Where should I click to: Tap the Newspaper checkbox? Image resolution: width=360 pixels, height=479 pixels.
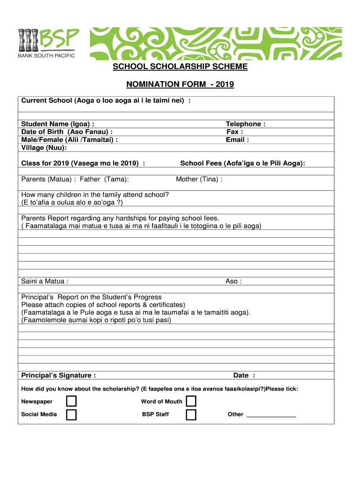(x=71, y=401)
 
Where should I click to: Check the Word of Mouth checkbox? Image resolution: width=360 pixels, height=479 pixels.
(x=191, y=401)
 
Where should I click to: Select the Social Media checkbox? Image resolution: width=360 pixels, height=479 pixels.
(x=71, y=414)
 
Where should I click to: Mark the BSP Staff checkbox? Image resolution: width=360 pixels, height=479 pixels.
(x=191, y=414)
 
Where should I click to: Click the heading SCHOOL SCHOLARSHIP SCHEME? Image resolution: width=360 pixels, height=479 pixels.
(x=180, y=66)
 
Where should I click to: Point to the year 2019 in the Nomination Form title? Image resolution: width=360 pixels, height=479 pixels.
(x=224, y=85)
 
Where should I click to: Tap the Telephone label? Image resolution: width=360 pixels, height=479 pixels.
(x=245, y=124)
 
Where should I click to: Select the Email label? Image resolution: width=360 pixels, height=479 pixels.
(x=237, y=140)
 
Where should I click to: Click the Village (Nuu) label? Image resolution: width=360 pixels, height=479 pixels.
(x=44, y=148)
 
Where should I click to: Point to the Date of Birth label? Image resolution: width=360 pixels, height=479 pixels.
(x=67, y=132)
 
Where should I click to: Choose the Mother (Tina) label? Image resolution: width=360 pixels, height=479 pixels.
(x=199, y=179)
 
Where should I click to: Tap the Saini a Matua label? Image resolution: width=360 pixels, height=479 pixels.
(x=45, y=281)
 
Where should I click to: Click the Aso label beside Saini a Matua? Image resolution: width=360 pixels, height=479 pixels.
(x=233, y=281)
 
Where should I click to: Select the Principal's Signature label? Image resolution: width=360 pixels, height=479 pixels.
(x=59, y=375)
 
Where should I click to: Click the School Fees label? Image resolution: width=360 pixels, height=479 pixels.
(x=243, y=163)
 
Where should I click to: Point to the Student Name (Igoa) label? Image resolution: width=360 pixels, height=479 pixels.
(x=58, y=124)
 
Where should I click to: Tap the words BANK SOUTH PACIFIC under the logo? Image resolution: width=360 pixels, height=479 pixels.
(x=46, y=56)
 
